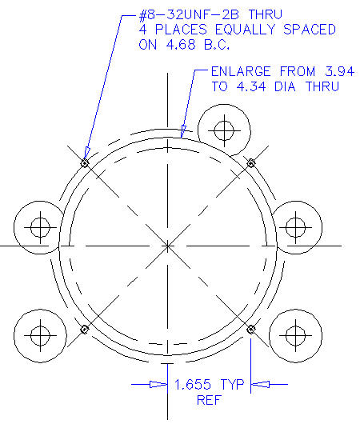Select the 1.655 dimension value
click(x=194, y=386)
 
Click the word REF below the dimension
click(x=208, y=400)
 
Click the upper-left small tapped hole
click(x=84, y=163)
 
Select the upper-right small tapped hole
click(x=250, y=163)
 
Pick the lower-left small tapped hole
click(x=84, y=329)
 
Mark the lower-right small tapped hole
click(x=250, y=329)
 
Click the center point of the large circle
click(x=167, y=246)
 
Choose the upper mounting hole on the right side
click(x=296, y=226)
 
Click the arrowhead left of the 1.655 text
click(x=158, y=385)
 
